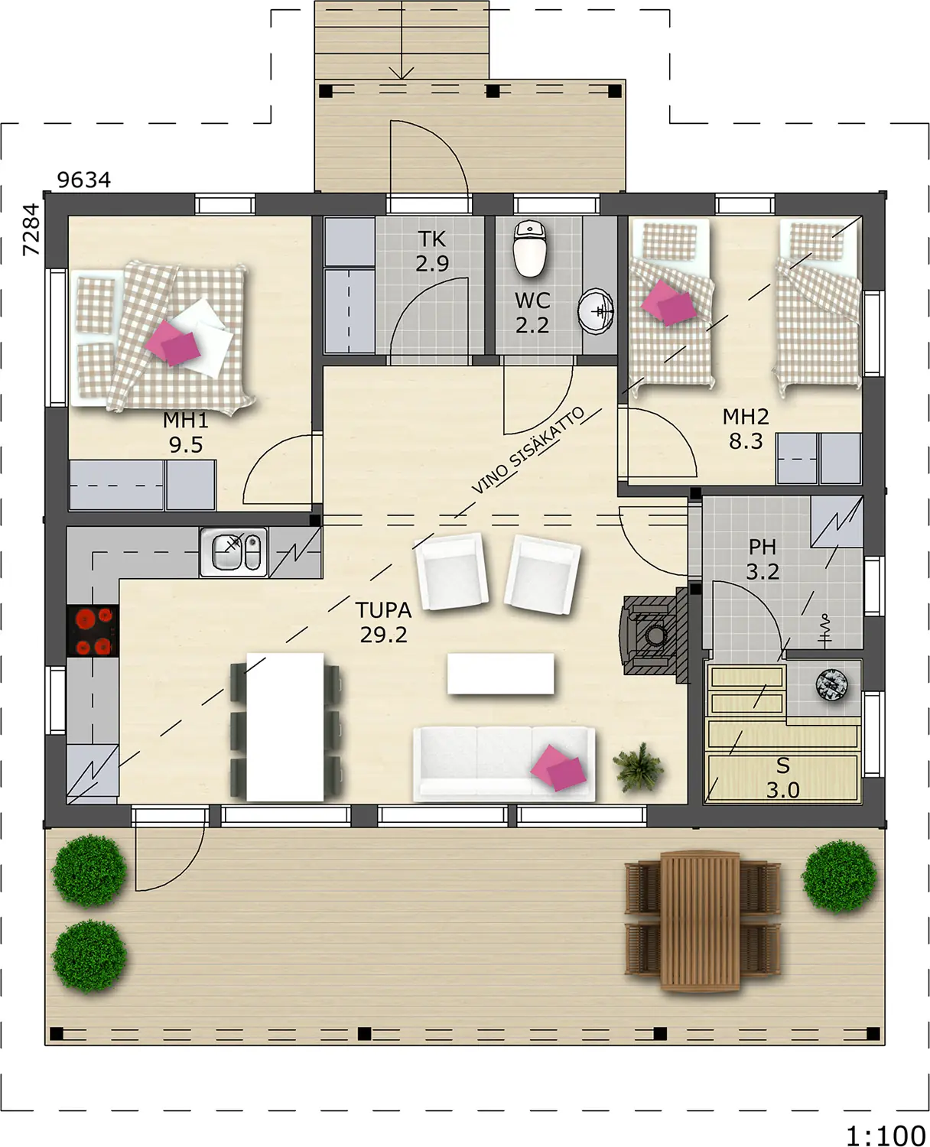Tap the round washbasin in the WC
click(x=596, y=311)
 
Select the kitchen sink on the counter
click(x=233, y=552)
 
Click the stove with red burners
click(x=93, y=631)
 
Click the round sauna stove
click(x=831, y=685)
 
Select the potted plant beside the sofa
click(x=638, y=768)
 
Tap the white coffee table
click(x=500, y=673)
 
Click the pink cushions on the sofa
click(x=558, y=768)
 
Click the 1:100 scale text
click(x=886, y=1121)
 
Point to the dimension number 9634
click(x=84, y=180)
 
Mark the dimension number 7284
click(x=31, y=229)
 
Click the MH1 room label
click(x=186, y=420)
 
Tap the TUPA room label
click(x=383, y=610)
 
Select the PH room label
click(x=763, y=547)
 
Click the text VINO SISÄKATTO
click(x=528, y=450)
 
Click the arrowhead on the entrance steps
click(x=402, y=73)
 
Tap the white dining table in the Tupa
click(x=285, y=727)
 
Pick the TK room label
click(x=432, y=239)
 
